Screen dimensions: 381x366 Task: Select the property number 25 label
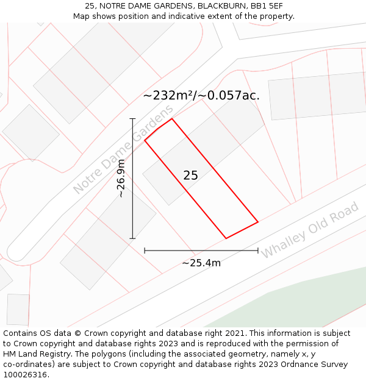pos(190,176)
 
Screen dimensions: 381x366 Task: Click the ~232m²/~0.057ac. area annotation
pos(201,96)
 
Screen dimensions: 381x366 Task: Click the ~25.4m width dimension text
pos(201,263)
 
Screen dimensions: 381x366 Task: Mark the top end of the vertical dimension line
pos(132,119)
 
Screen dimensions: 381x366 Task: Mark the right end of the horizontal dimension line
pos(258,250)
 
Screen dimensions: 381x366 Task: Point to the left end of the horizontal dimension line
pos(145,250)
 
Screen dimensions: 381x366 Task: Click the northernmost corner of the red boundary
pos(172,118)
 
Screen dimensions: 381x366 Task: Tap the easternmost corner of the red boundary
pos(258,222)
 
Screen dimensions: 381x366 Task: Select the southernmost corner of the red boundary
pos(226,238)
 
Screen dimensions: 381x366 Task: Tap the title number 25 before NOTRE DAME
pos(90,5)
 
